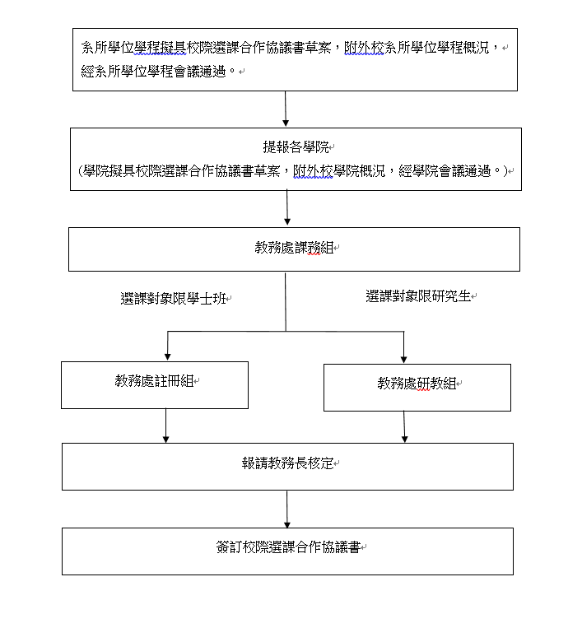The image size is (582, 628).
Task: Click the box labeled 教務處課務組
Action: pyautogui.click(x=294, y=249)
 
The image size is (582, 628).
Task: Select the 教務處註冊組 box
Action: pyautogui.click(x=155, y=385)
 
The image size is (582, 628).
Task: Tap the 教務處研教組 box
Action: pyautogui.click(x=417, y=388)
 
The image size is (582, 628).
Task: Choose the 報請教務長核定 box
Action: pyautogui.click(x=287, y=466)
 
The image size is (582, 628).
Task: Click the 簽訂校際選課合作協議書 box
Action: pyautogui.click(x=287, y=551)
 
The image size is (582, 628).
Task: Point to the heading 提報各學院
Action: pyautogui.click(x=296, y=147)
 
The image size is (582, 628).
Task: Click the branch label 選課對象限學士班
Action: pyautogui.click(x=174, y=299)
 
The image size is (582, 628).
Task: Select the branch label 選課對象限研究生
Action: pyautogui.click(x=418, y=296)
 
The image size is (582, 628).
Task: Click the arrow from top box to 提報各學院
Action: pyautogui.click(x=286, y=109)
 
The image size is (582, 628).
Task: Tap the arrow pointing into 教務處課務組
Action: pyautogui.click(x=287, y=208)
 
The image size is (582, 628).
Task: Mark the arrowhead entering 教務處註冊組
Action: pyautogui.click(x=167, y=356)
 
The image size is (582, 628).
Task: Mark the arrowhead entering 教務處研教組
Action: pyautogui.click(x=403, y=359)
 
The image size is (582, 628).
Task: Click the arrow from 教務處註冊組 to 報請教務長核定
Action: pyautogui.click(x=165, y=426)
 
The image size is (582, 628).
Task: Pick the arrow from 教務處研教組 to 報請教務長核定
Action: pyautogui.click(x=404, y=426)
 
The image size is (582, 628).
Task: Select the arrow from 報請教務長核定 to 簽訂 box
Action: pyautogui.click(x=287, y=509)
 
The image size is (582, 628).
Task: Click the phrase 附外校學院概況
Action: pyautogui.click(x=339, y=171)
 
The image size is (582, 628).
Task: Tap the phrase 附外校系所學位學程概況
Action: pyautogui.click(x=417, y=48)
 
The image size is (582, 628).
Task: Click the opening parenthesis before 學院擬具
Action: pyautogui.click(x=80, y=171)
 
